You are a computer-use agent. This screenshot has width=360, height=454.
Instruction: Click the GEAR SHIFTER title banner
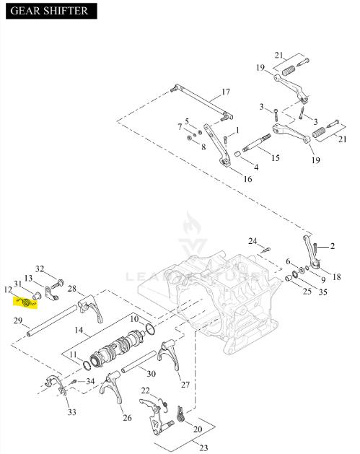point(51,11)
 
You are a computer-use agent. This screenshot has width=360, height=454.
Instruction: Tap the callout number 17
point(226,92)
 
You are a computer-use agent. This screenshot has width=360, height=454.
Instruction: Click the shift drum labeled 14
point(117,347)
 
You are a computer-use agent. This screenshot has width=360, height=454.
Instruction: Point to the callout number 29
point(18,320)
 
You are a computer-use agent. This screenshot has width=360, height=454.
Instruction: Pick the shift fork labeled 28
point(90,308)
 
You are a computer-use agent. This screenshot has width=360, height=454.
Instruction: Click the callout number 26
point(127,417)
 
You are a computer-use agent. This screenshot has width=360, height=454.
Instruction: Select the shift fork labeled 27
point(170,355)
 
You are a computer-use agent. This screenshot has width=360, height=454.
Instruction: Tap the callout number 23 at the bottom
point(203,448)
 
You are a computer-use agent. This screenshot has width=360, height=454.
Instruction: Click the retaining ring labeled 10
point(150,329)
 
